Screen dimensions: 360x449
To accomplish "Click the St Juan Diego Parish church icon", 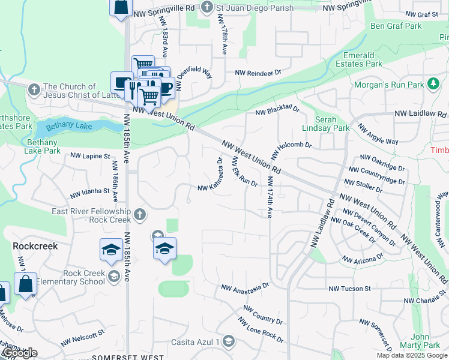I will click(x=207, y=8).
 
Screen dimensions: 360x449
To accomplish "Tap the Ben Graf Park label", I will click(x=396, y=26).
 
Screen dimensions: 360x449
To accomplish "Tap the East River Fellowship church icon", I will click(x=139, y=214).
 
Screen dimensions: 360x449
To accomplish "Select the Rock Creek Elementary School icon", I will click(x=113, y=277).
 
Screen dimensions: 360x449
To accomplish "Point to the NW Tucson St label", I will click(x=350, y=289).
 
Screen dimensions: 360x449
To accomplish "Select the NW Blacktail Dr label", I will click(x=277, y=110).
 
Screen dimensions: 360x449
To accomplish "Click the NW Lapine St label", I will click(x=90, y=155).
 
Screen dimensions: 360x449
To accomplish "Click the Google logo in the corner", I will click(x=19, y=353).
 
